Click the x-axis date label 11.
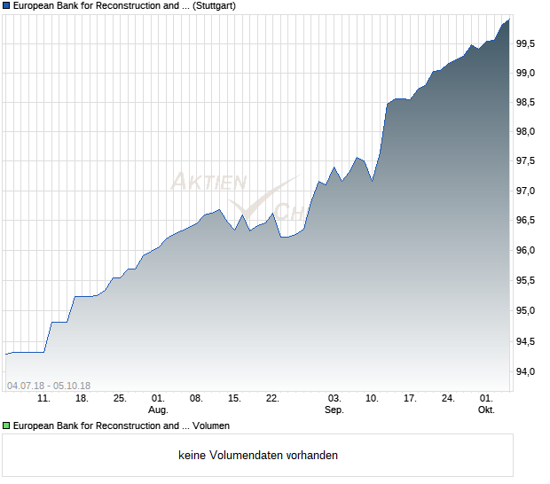(43, 398)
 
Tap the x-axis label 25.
(120, 398)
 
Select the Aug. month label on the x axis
(158, 410)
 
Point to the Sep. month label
(334, 410)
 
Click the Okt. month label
(486, 410)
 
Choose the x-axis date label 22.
(272, 398)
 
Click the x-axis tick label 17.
(410, 398)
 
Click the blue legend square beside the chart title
(6, 5)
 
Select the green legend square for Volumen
(6, 426)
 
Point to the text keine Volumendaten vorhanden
(258, 456)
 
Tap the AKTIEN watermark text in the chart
(208, 183)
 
